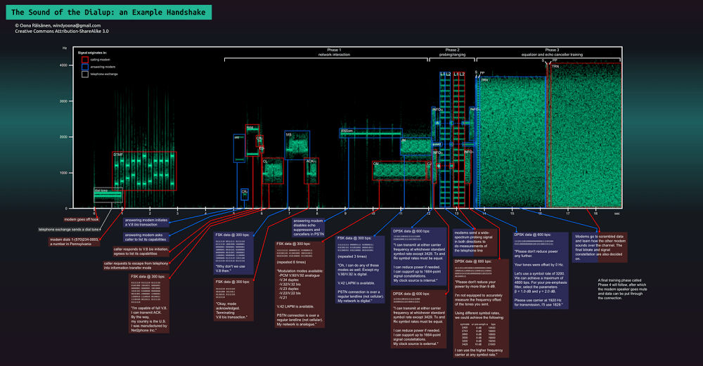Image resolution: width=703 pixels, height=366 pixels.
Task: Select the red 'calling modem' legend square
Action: tap(84, 60)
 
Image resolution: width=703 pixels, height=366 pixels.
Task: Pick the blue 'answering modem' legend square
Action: tap(84, 66)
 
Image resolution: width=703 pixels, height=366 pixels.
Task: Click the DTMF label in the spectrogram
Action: tap(118, 154)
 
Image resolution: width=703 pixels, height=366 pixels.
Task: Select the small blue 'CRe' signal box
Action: tap(244, 193)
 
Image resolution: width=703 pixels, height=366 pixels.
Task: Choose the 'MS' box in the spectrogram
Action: tap(296, 143)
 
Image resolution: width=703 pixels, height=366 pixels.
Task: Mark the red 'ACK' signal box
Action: tap(311, 171)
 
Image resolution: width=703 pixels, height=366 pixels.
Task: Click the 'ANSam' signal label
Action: tap(347, 131)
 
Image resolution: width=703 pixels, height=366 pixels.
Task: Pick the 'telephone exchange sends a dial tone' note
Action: tap(69, 230)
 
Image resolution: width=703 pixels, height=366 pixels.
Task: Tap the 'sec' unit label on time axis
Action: tap(617, 212)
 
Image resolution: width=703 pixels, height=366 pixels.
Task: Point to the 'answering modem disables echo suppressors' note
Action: tap(308, 226)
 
